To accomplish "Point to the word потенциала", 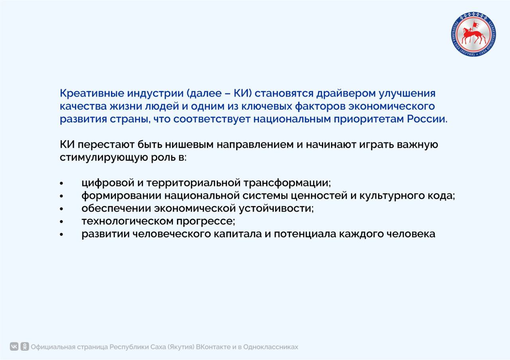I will [x=304, y=234].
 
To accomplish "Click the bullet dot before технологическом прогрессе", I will [x=62, y=222].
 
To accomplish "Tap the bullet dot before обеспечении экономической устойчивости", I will [x=62, y=209].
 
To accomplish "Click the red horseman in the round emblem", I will [x=473, y=33].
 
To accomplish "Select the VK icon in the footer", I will [x=14, y=346].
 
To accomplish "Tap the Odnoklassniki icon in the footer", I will [x=25, y=346].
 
